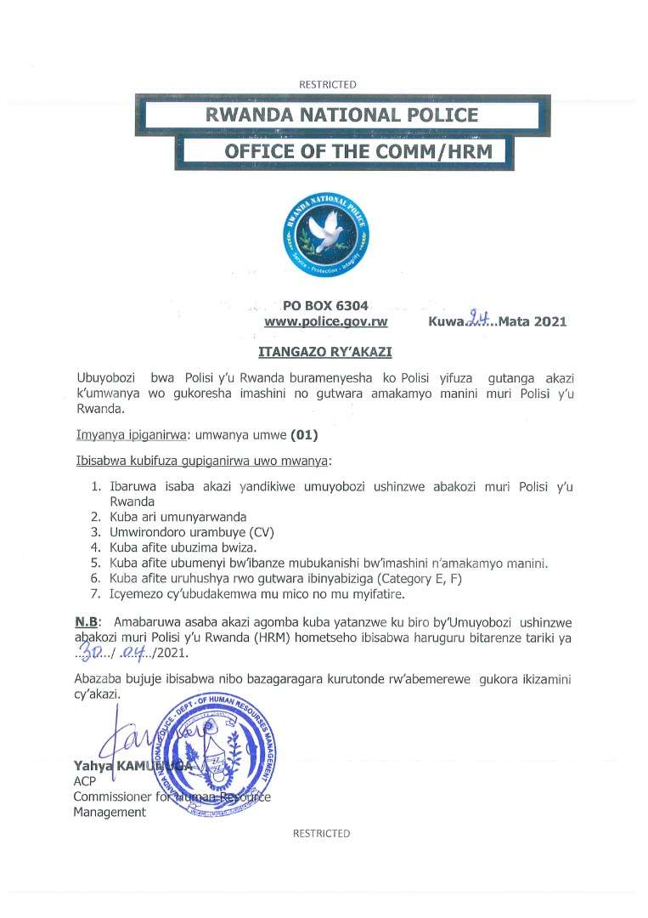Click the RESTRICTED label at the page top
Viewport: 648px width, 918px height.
point(328,84)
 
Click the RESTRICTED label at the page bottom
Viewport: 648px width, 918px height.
point(321,834)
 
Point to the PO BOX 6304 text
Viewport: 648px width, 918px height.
point(326,306)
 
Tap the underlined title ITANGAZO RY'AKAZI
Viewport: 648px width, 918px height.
point(325,350)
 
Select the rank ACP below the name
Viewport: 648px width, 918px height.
point(84,781)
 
